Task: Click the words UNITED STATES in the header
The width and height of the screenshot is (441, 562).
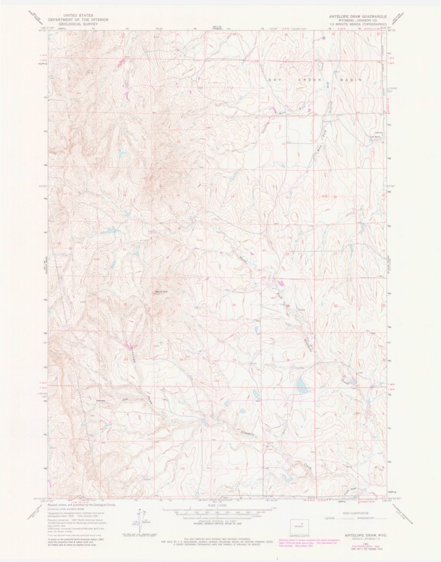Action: tap(78, 16)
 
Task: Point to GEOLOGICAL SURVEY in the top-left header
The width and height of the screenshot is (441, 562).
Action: tap(78, 23)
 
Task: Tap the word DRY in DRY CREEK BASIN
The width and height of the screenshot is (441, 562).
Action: tap(274, 79)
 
